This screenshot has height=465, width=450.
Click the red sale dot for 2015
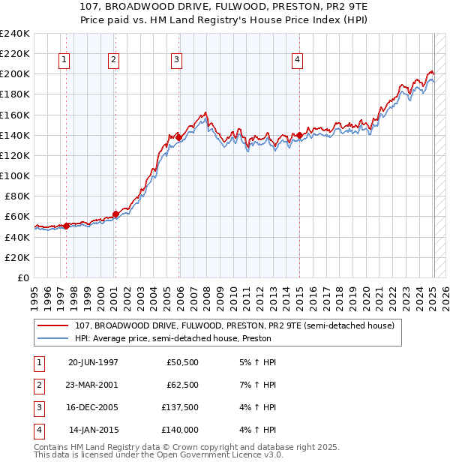[299, 135]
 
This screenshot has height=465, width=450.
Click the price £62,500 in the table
[182, 385]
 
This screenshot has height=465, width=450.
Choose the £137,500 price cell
[180, 408]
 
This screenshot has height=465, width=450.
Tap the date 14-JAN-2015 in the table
[94, 430]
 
